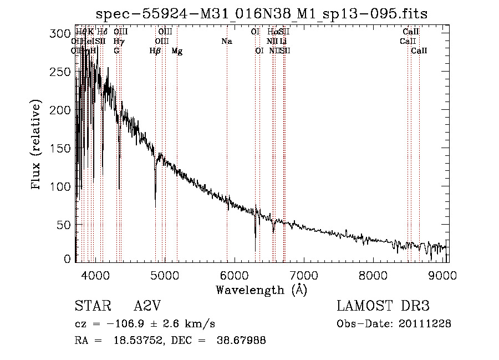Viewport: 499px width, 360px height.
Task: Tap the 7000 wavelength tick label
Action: click(303, 275)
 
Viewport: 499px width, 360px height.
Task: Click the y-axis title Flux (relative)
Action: click(37, 145)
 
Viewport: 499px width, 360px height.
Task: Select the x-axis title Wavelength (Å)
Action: click(261, 290)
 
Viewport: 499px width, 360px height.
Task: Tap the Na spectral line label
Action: click(226, 42)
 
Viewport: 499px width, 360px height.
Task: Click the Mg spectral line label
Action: click(177, 51)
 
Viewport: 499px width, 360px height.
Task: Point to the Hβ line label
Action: click(155, 51)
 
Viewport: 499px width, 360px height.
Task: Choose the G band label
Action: click(116, 51)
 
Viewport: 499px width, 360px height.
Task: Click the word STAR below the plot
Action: click(89, 307)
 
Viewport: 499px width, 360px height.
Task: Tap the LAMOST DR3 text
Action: click(383, 306)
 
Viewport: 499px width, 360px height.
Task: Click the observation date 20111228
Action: click(426, 323)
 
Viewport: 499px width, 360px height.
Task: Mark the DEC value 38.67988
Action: click(243, 341)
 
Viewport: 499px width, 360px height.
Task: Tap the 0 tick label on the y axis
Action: click(67, 259)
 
